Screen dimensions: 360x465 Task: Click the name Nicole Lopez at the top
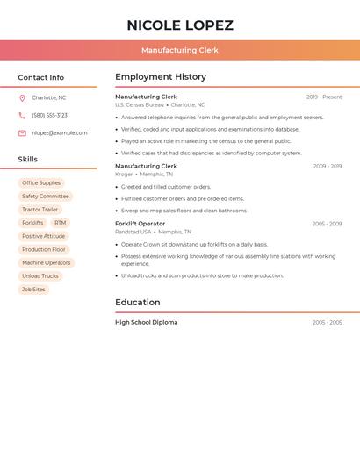tap(180, 25)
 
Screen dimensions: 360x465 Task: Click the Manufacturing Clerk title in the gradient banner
tap(180, 50)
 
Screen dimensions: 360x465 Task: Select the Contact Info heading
tap(40, 77)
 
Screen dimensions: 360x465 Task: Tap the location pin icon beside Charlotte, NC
tap(22, 98)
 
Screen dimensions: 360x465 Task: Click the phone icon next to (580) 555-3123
tap(22, 116)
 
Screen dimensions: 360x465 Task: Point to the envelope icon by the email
tap(22, 133)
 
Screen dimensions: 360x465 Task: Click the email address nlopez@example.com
tap(60, 133)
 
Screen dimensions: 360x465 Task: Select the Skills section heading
tap(28, 160)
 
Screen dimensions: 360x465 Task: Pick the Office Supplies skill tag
tap(41, 183)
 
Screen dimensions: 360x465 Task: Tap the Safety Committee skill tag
tap(46, 197)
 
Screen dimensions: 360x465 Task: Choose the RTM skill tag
tap(60, 223)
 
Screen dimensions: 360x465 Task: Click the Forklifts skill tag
tap(32, 223)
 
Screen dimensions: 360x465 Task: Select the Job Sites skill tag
tap(33, 290)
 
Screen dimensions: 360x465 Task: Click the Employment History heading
tap(161, 77)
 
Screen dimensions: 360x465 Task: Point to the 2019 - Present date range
tap(324, 97)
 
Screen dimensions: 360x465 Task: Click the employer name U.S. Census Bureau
tap(140, 105)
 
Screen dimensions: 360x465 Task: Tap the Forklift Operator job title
tap(140, 224)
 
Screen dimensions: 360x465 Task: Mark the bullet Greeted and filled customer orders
tap(166, 187)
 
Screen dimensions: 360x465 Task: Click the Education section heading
tap(138, 303)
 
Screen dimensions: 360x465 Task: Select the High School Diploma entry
tap(146, 323)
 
